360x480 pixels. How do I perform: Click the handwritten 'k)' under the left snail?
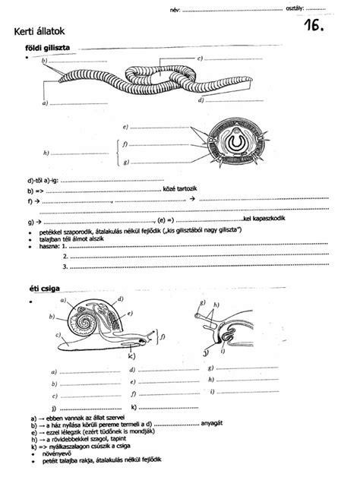click(131, 357)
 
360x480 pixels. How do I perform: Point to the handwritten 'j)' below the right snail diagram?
click(207, 353)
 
